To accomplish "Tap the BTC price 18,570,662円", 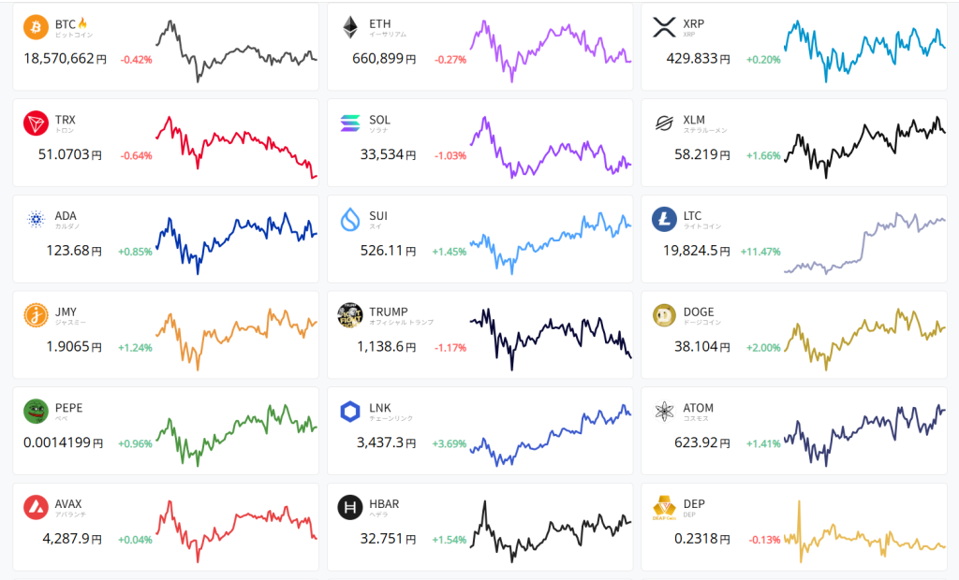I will (65, 59).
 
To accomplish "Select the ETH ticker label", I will (380, 23).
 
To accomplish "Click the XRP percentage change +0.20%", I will (763, 59).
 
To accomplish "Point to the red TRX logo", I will (37, 123).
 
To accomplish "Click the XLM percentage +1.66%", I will (763, 155).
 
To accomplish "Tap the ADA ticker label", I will (66, 216).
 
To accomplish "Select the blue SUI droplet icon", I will (350, 220).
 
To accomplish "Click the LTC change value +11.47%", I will (760, 252).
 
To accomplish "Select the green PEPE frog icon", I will (37, 412).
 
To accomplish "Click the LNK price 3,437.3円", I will (386, 443).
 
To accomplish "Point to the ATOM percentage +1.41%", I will (763, 443).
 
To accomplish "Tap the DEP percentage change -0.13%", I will (764, 540).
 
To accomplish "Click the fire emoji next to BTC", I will (82, 22).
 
